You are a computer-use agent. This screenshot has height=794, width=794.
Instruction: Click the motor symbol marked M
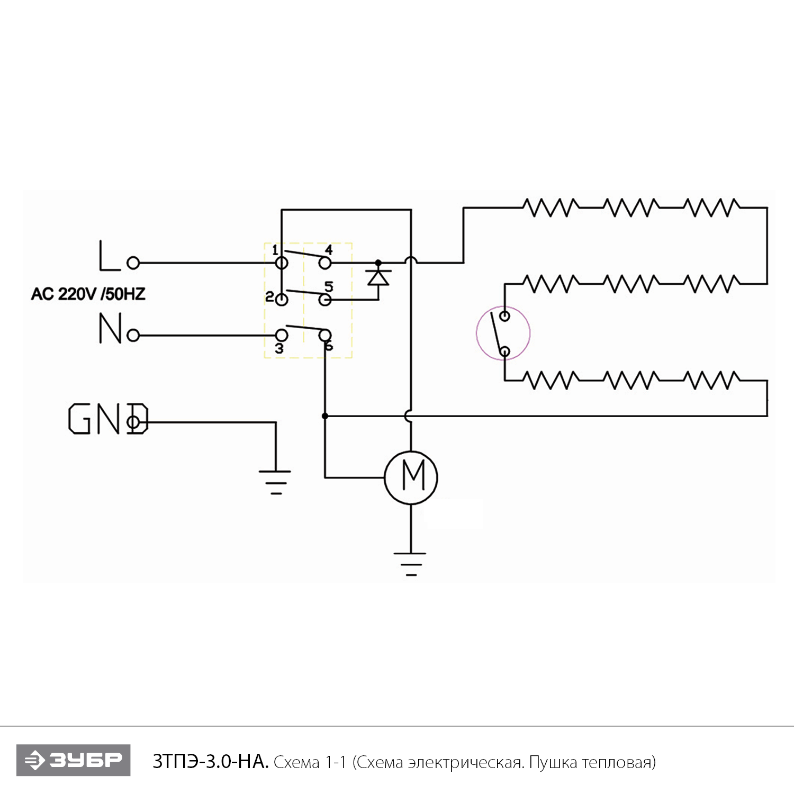(411, 477)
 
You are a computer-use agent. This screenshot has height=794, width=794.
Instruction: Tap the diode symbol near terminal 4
(378, 277)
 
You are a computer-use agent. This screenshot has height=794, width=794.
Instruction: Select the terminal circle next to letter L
(133, 263)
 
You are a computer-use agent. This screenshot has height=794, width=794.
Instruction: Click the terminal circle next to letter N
(133, 335)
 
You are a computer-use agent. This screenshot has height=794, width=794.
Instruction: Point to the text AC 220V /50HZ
(88, 294)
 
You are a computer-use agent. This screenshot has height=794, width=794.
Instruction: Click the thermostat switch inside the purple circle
(502, 333)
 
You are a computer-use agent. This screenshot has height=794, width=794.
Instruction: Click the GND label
(108, 419)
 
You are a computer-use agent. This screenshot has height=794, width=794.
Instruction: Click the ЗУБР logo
(74, 760)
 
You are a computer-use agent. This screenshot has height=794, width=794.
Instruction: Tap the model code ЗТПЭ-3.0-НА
(210, 762)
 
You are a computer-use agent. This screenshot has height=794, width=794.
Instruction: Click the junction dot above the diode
(378, 263)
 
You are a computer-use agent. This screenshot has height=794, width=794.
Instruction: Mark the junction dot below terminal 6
(325, 416)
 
